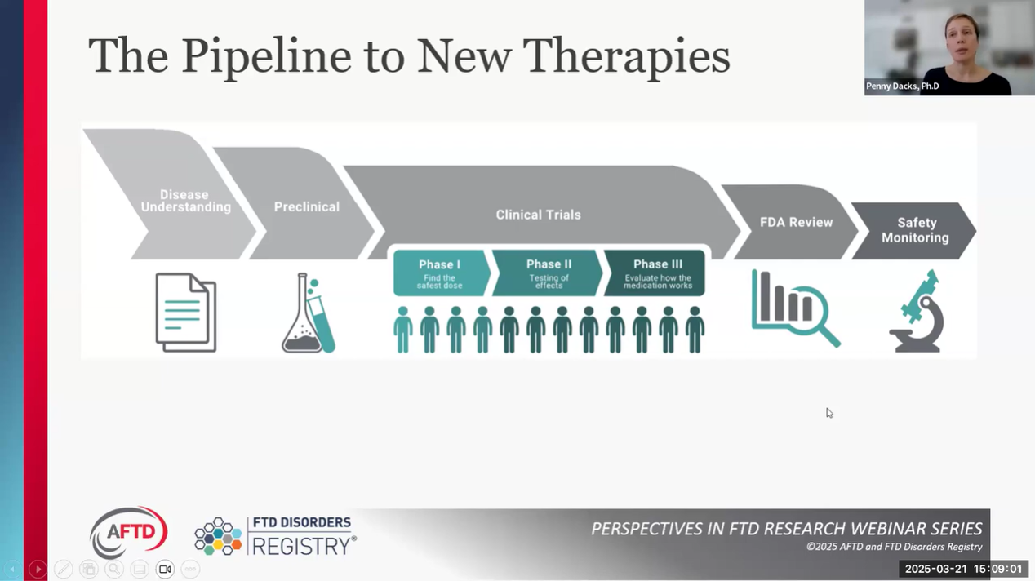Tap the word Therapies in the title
[626, 57]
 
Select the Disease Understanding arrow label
[185, 201]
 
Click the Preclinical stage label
[306, 207]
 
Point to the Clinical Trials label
[538, 215]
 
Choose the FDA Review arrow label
[796, 222]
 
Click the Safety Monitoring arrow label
[915, 230]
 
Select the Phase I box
[440, 273]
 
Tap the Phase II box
[549, 273]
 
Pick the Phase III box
[657, 273]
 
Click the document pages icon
[186, 313]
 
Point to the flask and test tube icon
[309, 314]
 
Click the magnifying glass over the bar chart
[816, 322]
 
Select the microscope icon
[917, 313]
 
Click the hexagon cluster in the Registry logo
[218, 536]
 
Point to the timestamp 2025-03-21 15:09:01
[963, 569]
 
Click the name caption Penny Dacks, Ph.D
[902, 86]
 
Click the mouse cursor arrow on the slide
[828, 413]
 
